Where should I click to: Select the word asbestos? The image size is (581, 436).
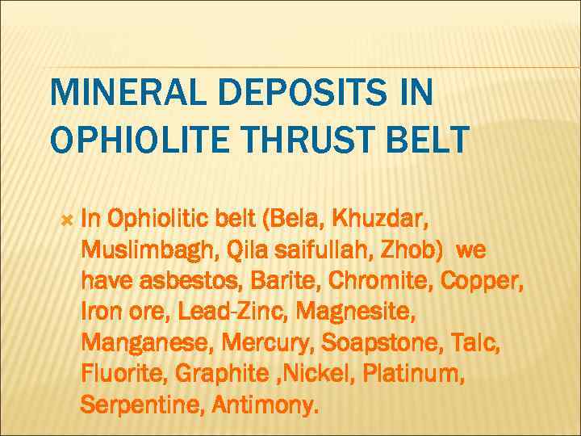coord(192,281)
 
